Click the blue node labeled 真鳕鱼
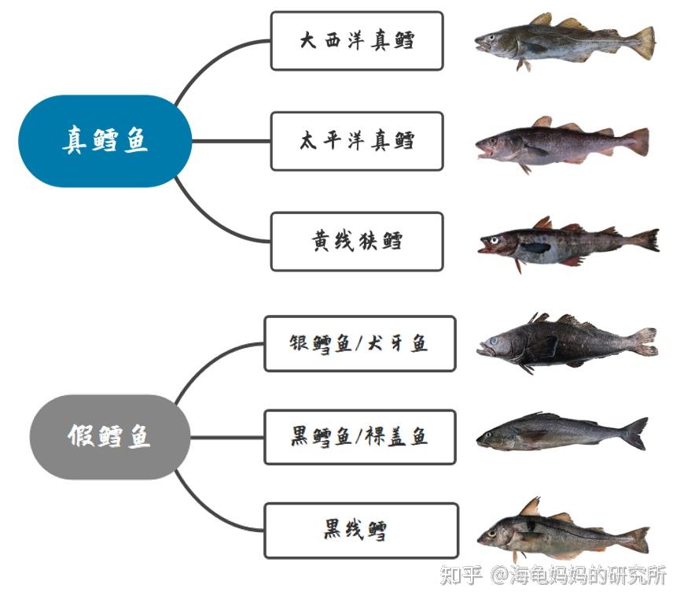coord(105,141)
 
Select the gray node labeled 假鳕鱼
coord(109,437)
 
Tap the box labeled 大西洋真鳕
coord(356,41)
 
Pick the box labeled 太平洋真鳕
coord(356,141)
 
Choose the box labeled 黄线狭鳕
coord(356,241)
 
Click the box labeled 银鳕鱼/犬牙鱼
coord(359,343)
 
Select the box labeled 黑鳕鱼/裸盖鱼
coord(359,437)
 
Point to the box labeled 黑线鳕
coord(361,531)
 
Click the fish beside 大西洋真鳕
coord(562,41)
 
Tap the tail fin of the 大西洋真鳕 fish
coord(644,43)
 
